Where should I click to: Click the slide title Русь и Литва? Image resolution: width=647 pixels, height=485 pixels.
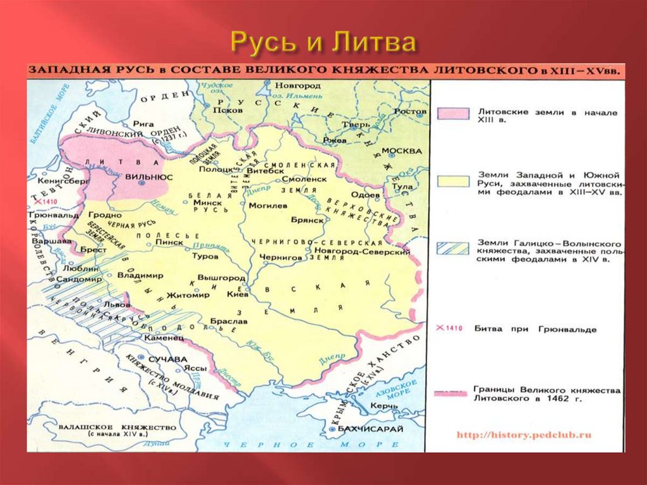click(x=323, y=42)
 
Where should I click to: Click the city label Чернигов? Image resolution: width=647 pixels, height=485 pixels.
click(x=281, y=257)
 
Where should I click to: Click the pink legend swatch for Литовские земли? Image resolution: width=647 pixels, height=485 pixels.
click(x=452, y=113)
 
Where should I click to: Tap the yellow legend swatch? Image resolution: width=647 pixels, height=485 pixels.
click(x=452, y=181)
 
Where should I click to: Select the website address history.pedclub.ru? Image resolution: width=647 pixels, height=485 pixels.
click(x=523, y=435)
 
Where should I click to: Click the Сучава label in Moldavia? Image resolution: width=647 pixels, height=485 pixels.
click(x=169, y=359)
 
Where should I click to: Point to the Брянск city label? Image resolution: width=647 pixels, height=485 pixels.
click(x=307, y=219)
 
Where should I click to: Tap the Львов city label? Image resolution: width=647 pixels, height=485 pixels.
click(x=116, y=304)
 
